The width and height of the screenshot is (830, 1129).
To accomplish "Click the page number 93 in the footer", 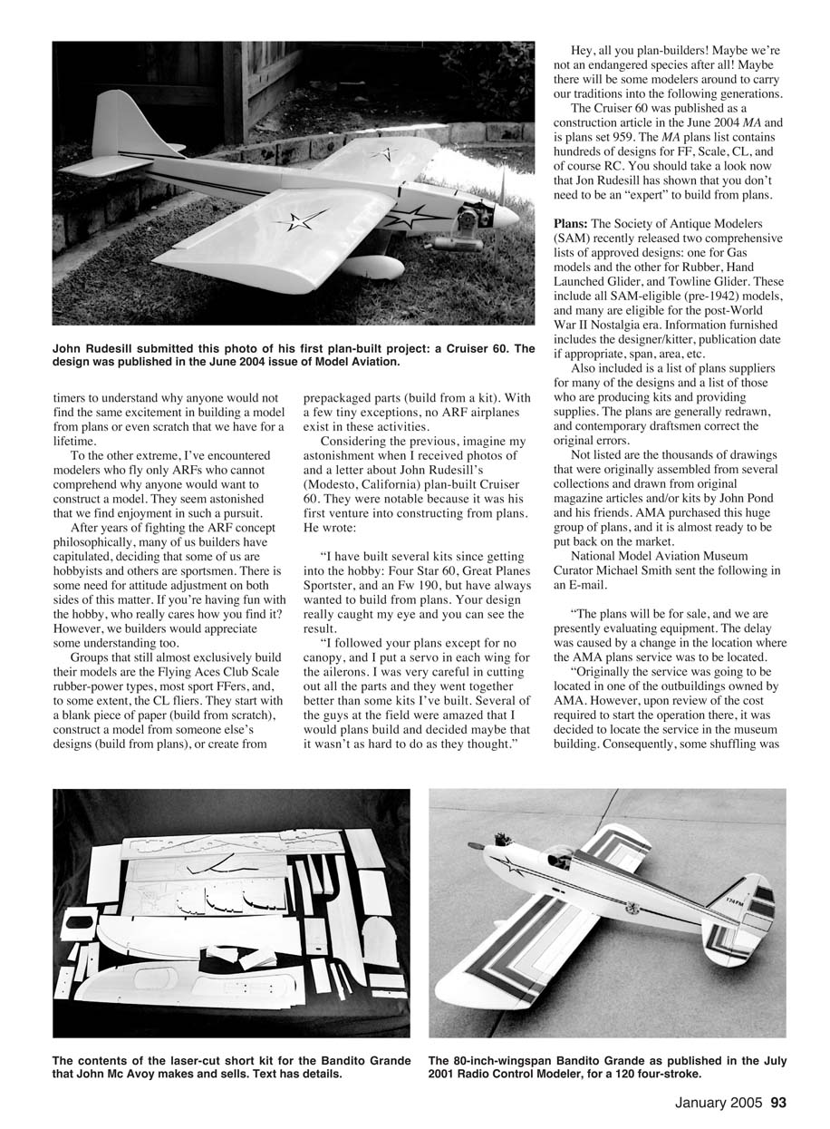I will pos(778,1104).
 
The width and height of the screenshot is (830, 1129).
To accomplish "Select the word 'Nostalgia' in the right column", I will pos(623,310).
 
